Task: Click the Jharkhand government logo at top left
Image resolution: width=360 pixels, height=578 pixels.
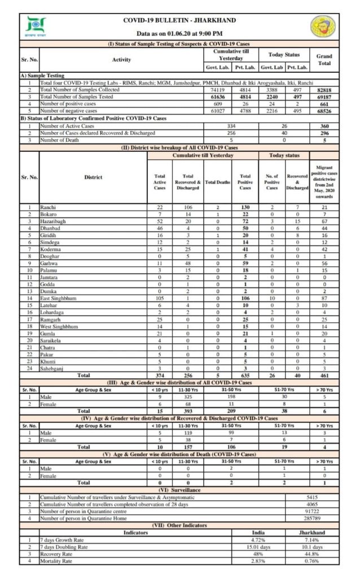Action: pyautogui.click(x=37, y=27)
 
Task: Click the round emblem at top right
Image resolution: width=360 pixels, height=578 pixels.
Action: pyautogui.click(x=323, y=27)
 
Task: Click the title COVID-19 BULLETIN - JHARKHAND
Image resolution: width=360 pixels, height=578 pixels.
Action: pyautogui.click(x=179, y=20)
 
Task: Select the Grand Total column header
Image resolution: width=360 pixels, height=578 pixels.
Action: pyautogui.click(x=324, y=59)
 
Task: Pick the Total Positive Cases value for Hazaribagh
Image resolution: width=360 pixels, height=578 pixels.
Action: pyautogui.click(x=245, y=221)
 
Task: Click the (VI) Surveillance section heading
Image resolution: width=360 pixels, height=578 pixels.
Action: pyautogui.click(x=179, y=490)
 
